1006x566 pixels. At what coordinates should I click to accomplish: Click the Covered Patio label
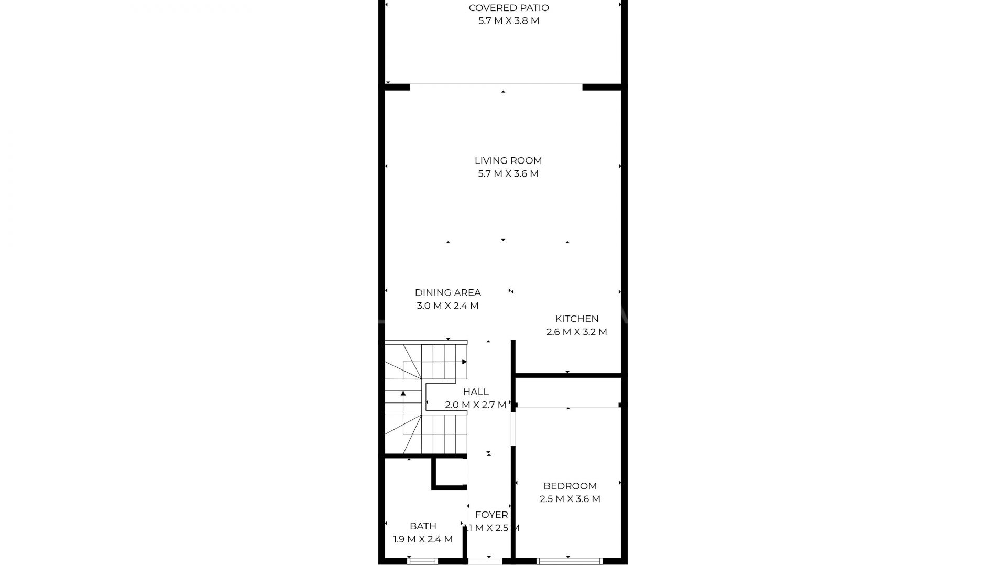[x=509, y=8]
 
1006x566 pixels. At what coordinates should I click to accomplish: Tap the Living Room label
[x=508, y=161]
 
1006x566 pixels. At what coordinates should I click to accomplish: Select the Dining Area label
[x=448, y=293]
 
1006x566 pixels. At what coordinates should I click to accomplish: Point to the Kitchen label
[x=577, y=319]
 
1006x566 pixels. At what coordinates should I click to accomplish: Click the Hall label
[x=476, y=391]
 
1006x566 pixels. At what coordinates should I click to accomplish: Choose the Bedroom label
[x=570, y=486]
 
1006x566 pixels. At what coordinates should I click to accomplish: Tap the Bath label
[x=423, y=526]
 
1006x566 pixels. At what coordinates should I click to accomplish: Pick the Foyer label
[x=491, y=515]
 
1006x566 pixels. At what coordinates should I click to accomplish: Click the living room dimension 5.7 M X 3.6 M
[x=508, y=174]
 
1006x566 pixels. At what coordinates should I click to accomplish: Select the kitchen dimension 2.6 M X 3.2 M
[x=577, y=332]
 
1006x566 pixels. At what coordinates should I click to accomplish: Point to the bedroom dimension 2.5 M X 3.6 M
[x=570, y=499]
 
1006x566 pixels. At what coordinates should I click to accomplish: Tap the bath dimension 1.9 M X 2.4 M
[x=423, y=539]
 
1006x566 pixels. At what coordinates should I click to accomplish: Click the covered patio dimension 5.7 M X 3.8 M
[x=509, y=21]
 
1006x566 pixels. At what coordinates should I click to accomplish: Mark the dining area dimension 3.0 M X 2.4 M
[x=448, y=306]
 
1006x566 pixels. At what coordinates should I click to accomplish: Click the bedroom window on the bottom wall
[x=570, y=561]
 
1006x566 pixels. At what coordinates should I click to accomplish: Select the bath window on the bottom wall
[x=423, y=561]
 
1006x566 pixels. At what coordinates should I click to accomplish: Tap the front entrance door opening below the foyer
[x=485, y=561]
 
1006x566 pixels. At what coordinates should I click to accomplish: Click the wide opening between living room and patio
[x=496, y=84]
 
